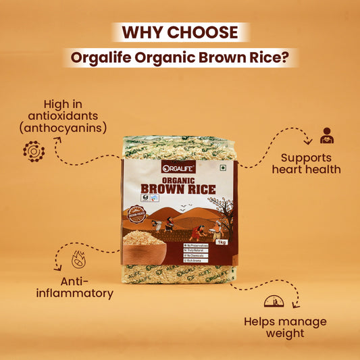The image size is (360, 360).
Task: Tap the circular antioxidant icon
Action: pos(33,151)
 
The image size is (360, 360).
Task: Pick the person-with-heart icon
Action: pos(327,135)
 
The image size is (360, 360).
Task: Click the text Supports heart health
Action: pos(306,162)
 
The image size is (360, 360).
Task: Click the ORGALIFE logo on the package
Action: pos(178,168)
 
